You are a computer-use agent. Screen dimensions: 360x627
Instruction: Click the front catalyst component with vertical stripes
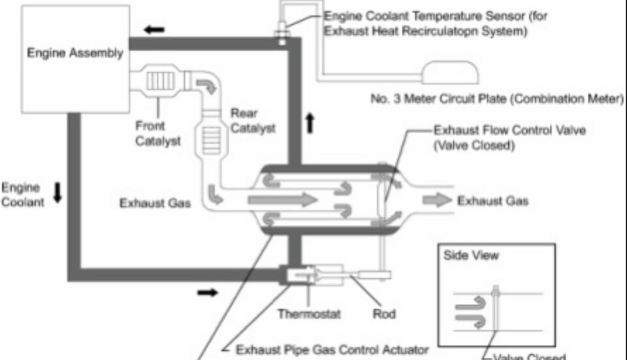pos(157,82)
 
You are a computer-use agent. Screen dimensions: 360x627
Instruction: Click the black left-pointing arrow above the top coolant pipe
pos(154,29)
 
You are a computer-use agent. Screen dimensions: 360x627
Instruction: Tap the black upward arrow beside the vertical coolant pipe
pos(310,123)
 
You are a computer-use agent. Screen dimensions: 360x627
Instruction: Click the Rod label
pos(383,314)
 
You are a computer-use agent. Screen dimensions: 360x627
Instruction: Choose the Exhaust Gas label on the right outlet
pos(492,201)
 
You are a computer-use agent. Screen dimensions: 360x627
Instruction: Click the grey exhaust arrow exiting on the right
pos(437,200)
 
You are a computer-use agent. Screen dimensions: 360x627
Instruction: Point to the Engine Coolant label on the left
pos(23,195)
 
